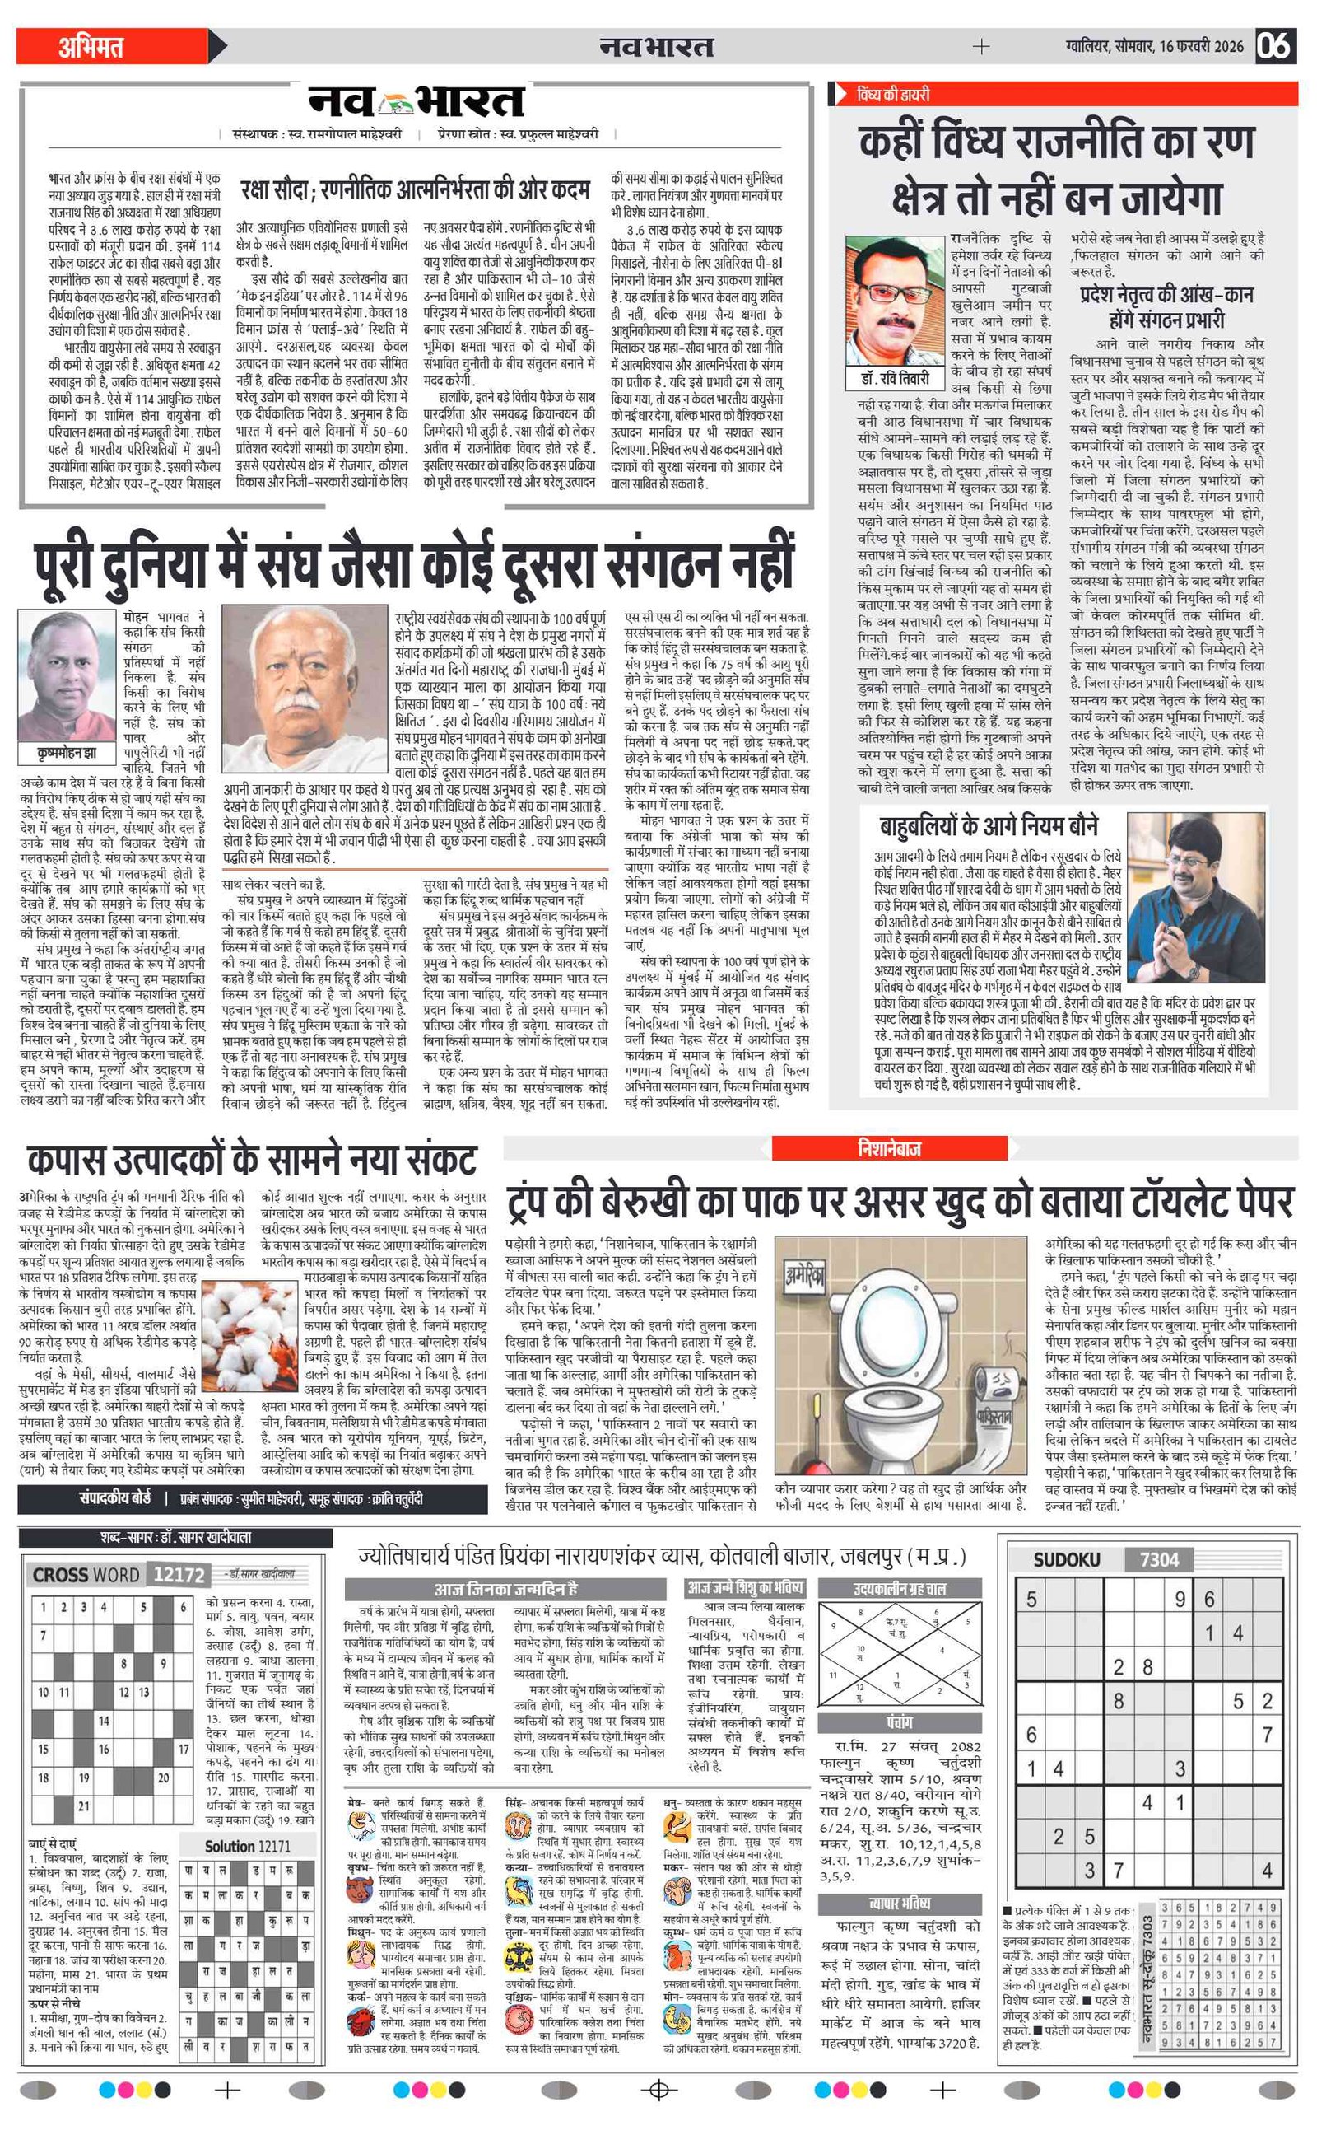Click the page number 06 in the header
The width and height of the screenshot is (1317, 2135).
point(1273,45)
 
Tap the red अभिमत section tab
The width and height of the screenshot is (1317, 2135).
point(91,47)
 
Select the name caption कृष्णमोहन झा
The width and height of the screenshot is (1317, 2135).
point(67,752)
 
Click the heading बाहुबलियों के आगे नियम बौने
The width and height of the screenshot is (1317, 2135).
point(988,825)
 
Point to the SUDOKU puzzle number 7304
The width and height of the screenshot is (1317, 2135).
point(1158,1559)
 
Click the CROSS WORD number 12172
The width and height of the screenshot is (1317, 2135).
point(178,1575)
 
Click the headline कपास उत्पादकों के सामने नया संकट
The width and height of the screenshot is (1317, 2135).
point(252,1161)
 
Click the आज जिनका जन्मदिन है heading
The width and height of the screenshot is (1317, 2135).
point(505,1589)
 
